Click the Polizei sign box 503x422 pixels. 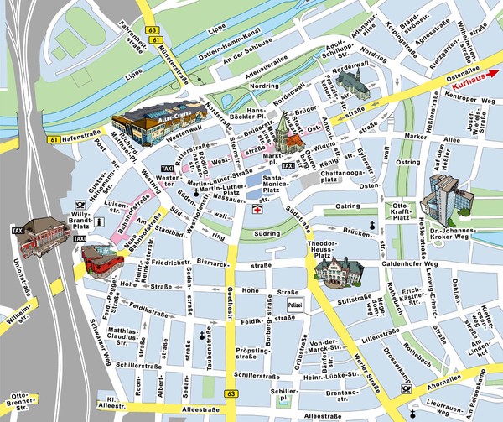tap(294, 306)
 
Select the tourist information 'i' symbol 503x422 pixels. tap(99, 221)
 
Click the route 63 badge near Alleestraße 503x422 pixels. tap(231, 394)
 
